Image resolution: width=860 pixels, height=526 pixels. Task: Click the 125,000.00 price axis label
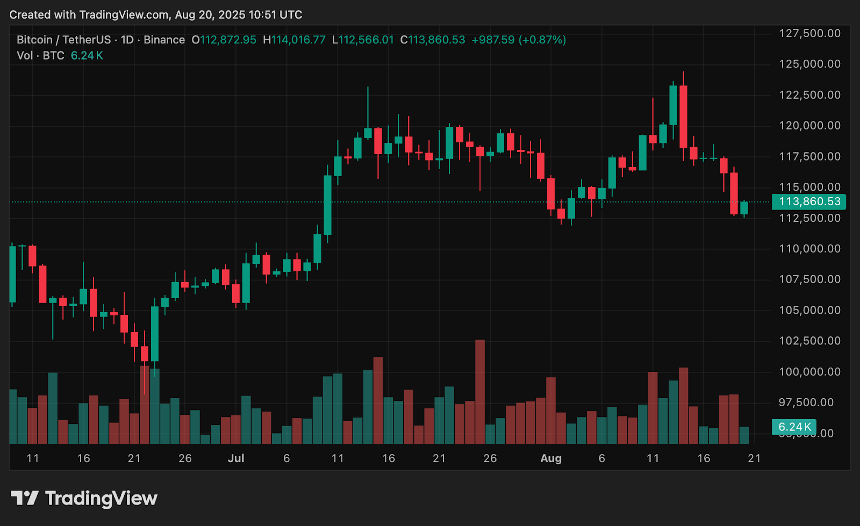coord(809,64)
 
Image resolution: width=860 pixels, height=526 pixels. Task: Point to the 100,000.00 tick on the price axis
coord(809,372)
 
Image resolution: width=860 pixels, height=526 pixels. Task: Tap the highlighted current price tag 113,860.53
coord(809,201)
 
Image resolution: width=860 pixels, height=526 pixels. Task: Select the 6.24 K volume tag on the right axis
coord(794,427)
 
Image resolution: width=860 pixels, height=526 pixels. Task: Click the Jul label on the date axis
coord(236,458)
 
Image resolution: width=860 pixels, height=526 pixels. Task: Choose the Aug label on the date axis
coord(551,458)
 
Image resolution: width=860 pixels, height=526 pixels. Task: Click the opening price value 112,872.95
coord(228,40)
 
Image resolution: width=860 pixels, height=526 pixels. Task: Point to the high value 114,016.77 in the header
coord(298,40)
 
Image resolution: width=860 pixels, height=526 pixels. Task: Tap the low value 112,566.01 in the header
coord(366,40)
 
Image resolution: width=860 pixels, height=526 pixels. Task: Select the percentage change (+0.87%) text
coord(542,40)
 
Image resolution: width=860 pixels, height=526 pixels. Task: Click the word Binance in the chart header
coord(164,40)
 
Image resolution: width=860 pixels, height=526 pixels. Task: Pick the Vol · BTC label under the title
coord(40,55)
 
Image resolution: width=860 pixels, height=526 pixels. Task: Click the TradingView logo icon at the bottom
coord(25,498)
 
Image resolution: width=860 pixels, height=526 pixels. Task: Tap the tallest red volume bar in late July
coord(480,392)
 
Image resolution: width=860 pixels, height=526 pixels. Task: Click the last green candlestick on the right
coord(744,208)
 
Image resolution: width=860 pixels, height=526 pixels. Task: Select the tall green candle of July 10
coord(327,205)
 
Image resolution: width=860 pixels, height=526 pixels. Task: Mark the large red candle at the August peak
coord(683,117)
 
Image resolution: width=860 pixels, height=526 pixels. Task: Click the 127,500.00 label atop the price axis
coord(809,33)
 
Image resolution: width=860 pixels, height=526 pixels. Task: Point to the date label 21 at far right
coord(754,458)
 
